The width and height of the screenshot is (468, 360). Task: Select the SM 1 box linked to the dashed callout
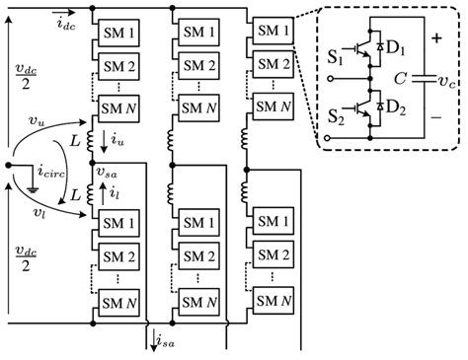coord(270,30)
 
